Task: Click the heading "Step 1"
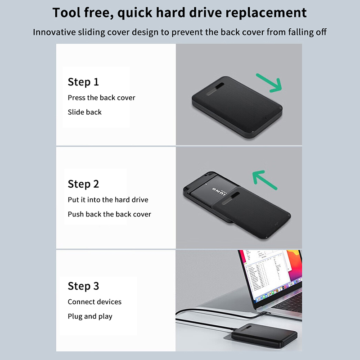(x=83, y=82)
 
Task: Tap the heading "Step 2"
(x=83, y=184)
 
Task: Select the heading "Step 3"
(x=83, y=286)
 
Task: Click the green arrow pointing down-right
(x=269, y=83)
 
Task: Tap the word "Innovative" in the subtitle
(x=54, y=32)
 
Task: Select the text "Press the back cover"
(x=102, y=98)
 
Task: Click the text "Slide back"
(x=85, y=112)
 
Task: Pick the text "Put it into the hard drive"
(x=108, y=200)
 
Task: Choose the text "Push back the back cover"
(x=109, y=214)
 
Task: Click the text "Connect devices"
(x=94, y=301)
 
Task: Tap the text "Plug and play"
(x=90, y=316)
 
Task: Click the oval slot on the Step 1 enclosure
(x=216, y=89)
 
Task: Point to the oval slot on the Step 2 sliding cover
(x=231, y=198)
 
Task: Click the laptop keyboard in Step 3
(x=290, y=303)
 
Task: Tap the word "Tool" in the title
(x=67, y=13)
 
